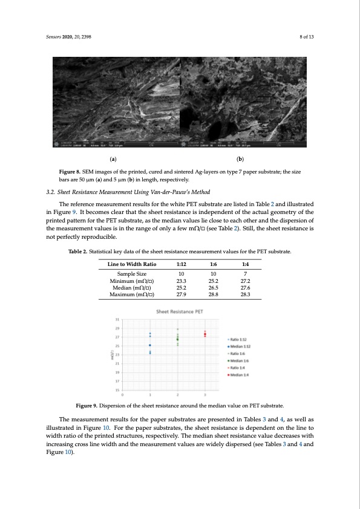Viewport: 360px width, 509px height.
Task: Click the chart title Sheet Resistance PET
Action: tap(179, 311)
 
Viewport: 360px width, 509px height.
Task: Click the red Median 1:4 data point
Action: tap(205, 334)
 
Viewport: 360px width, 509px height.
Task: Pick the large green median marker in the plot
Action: tap(177, 340)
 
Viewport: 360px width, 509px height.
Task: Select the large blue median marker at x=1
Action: tap(150, 345)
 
